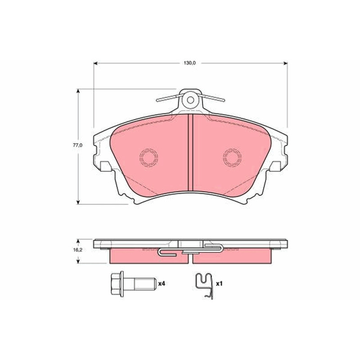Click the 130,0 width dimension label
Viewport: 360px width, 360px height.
tap(189, 63)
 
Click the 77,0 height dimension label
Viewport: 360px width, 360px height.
tap(77, 145)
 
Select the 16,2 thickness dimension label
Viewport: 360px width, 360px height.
tap(78, 250)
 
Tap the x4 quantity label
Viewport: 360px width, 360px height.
tap(162, 284)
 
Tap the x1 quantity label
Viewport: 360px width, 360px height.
tap(219, 284)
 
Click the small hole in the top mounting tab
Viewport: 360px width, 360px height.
tap(190, 100)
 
